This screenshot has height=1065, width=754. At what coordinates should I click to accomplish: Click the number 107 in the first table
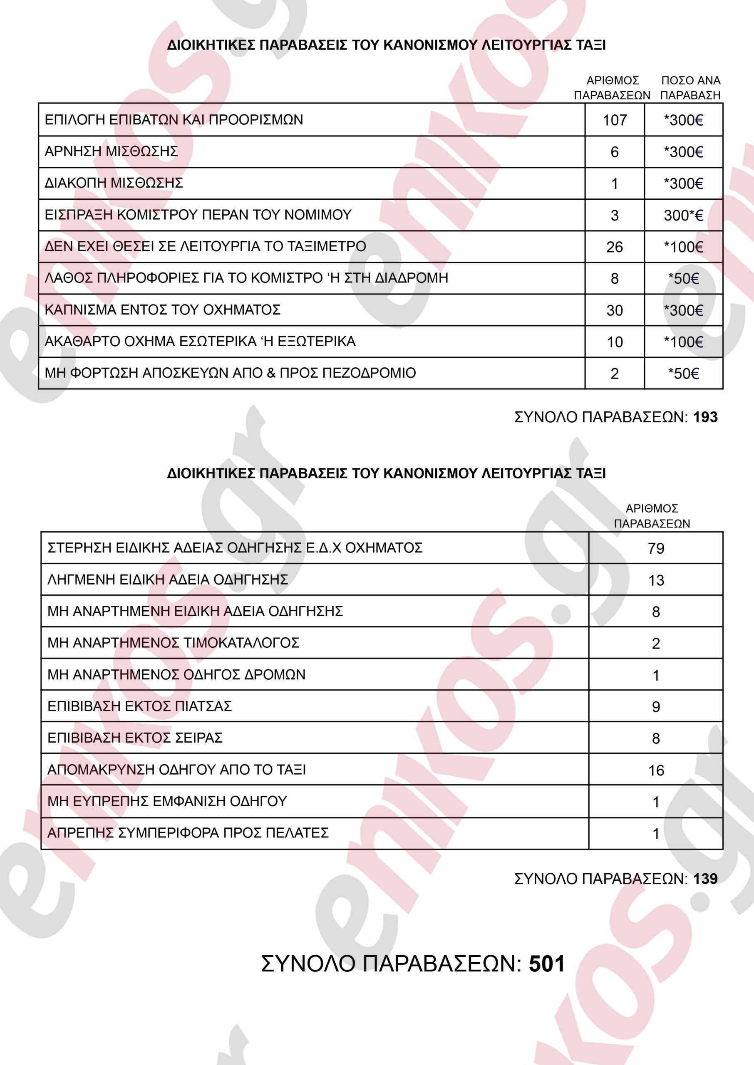pos(614,120)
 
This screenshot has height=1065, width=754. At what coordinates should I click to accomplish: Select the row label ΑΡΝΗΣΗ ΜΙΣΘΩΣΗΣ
pos(111,151)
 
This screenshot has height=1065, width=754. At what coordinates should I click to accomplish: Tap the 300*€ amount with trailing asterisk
pos(683,215)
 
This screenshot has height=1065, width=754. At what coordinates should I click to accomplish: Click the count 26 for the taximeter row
pos(614,247)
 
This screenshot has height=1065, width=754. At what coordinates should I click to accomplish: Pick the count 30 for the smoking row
pos(614,310)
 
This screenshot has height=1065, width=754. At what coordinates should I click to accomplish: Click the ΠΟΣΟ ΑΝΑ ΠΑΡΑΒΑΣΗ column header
pos(690,88)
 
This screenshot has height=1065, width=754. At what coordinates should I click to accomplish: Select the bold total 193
pos(705,417)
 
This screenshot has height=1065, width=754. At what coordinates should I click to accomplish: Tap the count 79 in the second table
pos(655,548)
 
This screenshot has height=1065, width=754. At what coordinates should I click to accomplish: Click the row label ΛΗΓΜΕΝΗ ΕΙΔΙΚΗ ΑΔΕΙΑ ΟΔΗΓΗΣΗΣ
pos(167,580)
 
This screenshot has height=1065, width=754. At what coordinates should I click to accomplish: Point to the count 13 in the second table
pos(655,580)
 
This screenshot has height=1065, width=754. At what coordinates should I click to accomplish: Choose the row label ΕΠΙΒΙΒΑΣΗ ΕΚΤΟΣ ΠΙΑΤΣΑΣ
pos(139,706)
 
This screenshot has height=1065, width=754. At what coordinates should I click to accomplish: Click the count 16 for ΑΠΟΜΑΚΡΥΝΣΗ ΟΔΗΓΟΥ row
pos(655,770)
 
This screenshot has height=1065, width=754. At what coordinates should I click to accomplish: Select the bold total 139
pos(705,879)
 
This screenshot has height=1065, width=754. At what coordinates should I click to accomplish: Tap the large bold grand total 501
pos(546,964)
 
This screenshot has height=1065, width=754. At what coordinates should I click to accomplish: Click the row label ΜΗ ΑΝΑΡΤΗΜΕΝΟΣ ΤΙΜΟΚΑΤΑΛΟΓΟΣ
pos(173,643)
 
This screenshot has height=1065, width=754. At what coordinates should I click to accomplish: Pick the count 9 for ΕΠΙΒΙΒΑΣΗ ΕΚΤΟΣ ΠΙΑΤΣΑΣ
pos(655,707)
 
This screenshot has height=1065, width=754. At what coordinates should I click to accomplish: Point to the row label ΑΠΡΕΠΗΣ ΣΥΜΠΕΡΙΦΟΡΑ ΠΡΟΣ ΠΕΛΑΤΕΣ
pos(188,833)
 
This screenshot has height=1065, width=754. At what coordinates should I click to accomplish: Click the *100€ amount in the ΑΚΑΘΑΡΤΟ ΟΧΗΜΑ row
pos(683,342)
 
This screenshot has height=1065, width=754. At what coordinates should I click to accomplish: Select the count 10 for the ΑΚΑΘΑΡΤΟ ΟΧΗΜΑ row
pos(614,342)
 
